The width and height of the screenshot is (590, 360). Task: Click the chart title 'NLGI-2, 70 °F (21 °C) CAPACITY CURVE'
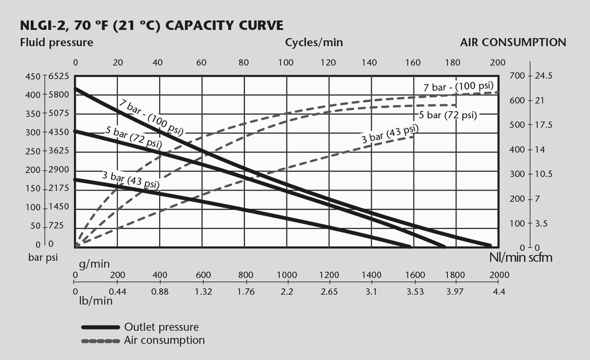tap(151, 25)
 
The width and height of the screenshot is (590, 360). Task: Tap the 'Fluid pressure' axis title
tap(57, 42)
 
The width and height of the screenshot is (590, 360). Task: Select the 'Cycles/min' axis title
tap(314, 42)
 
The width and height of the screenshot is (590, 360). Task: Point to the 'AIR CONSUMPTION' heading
tap(513, 42)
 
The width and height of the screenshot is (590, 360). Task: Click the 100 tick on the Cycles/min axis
tap(286, 63)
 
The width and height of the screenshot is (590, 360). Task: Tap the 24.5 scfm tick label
tap(544, 76)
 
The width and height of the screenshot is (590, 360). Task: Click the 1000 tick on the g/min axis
tap(287, 275)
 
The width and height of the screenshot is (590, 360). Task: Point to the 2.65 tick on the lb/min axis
tap(329, 292)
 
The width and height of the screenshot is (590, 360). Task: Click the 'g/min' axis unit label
tap(94, 264)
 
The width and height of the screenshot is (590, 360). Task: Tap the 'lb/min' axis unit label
tap(95, 301)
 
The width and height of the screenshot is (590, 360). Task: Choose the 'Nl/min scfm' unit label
tap(521, 258)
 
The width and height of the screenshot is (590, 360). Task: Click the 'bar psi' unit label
tap(43, 258)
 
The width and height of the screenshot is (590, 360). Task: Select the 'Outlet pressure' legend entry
tap(161, 327)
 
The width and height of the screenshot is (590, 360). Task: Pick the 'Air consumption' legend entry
tap(164, 340)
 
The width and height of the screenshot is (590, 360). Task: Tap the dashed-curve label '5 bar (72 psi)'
tap(448, 115)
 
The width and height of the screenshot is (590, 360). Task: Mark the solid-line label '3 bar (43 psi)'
tap(131, 179)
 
